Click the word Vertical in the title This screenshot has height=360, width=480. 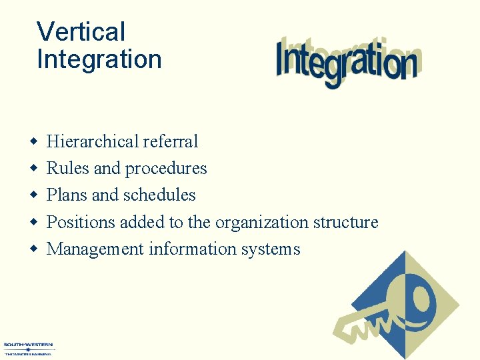(x=81, y=31)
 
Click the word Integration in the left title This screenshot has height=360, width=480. (x=99, y=59)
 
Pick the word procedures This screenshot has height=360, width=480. (x=166, y=169)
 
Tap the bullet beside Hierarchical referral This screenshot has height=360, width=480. (x=33, y=142)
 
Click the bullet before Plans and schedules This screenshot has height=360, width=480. (x=33, y=195)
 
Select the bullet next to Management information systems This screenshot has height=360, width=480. (x=33, y=249)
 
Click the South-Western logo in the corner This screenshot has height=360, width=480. (x=28, y=349)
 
